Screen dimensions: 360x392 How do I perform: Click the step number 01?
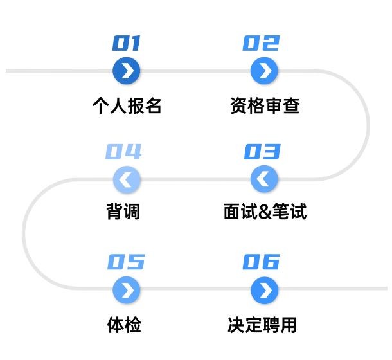(x=127, y=44)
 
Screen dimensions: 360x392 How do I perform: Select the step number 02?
(x=262, y=44)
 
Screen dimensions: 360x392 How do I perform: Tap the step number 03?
(x=262, y=152)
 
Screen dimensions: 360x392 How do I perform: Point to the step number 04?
(x=123, y=152)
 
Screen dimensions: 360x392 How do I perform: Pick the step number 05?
(x=126, y=262)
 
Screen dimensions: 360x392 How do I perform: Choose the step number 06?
(x=262, y=262)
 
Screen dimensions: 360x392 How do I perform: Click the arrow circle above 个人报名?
(x=127, y=71)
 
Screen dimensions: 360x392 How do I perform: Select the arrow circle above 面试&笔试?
(x=262, y=179)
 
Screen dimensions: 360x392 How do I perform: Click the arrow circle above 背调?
(x=127, y=179)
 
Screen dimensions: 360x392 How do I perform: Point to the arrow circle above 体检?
(x=127, y=290)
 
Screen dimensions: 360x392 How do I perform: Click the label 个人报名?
(x=127, y=105)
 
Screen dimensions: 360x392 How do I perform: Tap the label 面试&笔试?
(x=264, y=212)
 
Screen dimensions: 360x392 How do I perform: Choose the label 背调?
(x=123, y=212)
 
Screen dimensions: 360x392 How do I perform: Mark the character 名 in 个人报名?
(x=153, y=105)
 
